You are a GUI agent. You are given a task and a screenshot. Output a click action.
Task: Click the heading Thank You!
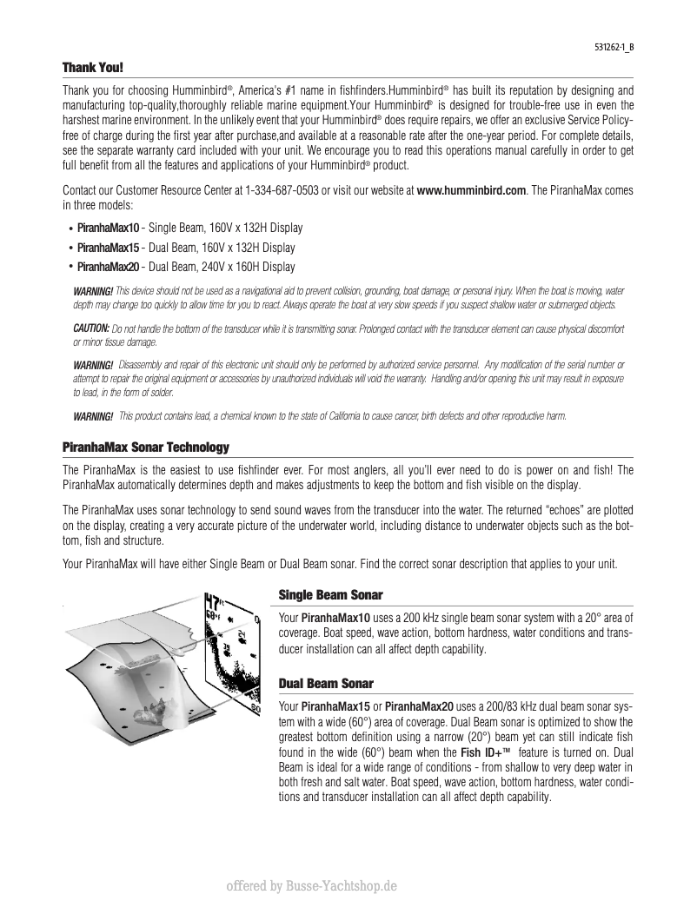pyautogui.click(x=92, y=67)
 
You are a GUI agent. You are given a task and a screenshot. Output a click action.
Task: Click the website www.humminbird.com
pyautogui.click(x=472, y=190)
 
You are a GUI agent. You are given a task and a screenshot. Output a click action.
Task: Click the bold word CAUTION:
pyautogui.click(x=90, y=328)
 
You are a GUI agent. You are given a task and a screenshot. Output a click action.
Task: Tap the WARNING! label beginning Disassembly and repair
pyautogui.click(x=93, y=364)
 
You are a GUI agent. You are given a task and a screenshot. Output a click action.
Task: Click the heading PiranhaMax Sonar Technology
pyautogui.click(x=145, y=447)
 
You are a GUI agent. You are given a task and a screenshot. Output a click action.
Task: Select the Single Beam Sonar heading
pyautogui.click(x=330, y=595)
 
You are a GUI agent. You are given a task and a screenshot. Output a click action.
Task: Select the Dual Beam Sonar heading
pyautogui.click(x=325, y=684)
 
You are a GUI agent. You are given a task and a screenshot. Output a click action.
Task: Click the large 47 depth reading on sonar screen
pyautogui.click(x=213, y=602)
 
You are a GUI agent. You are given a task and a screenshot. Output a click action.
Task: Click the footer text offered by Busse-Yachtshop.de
pyautogui.click(x=311, y=886)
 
